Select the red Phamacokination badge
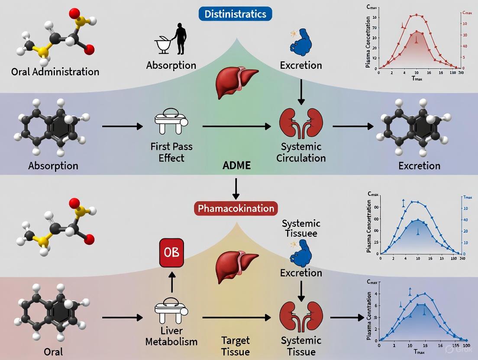236,208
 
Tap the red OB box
172,252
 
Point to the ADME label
236,165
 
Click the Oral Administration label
55,71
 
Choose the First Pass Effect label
171,151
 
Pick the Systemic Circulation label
301,151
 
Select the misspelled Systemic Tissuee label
301,228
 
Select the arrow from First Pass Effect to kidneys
236,126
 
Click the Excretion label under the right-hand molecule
420,165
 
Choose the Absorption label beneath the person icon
171,65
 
